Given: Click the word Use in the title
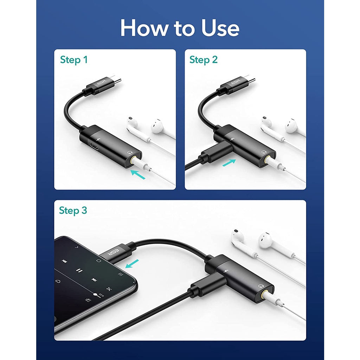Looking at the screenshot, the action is click(220, 28).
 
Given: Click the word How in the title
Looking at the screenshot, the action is click(144, 28).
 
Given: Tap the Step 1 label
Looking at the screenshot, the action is click(74, 60).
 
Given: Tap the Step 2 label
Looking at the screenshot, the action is click(204, 60).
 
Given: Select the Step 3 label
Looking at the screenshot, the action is click(73, 210).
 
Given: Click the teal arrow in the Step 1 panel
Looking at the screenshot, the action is click(138, 174).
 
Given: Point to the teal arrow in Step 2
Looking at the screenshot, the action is click(229, 162).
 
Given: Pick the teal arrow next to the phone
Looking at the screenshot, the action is click(132, 264).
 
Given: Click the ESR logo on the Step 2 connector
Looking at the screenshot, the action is click(236, 82).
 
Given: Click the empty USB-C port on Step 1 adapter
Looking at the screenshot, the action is click(94, 146).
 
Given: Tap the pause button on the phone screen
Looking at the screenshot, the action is click(79, 270).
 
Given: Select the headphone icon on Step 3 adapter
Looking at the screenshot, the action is click(261, 286).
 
